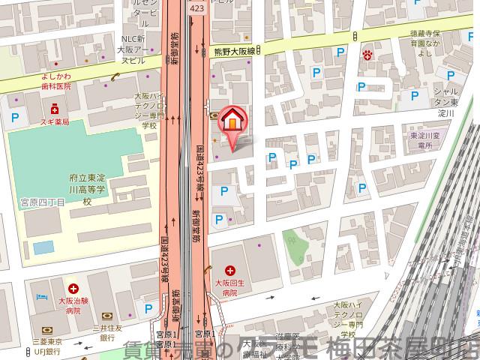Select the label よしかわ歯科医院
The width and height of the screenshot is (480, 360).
point(51,80)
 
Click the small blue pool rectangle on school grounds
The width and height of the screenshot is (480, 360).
point(43,247)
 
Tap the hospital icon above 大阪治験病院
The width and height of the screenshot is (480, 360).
point(73,288)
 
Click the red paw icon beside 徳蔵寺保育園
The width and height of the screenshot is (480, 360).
point(368,54)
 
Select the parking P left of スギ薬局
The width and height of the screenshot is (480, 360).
point(15,116)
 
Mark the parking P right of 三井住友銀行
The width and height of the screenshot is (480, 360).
point(148,307)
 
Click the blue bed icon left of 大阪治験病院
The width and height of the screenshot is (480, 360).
point(39,297)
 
